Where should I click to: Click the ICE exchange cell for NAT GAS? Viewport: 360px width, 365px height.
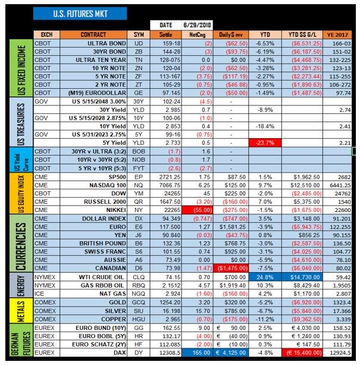[39, 294]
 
